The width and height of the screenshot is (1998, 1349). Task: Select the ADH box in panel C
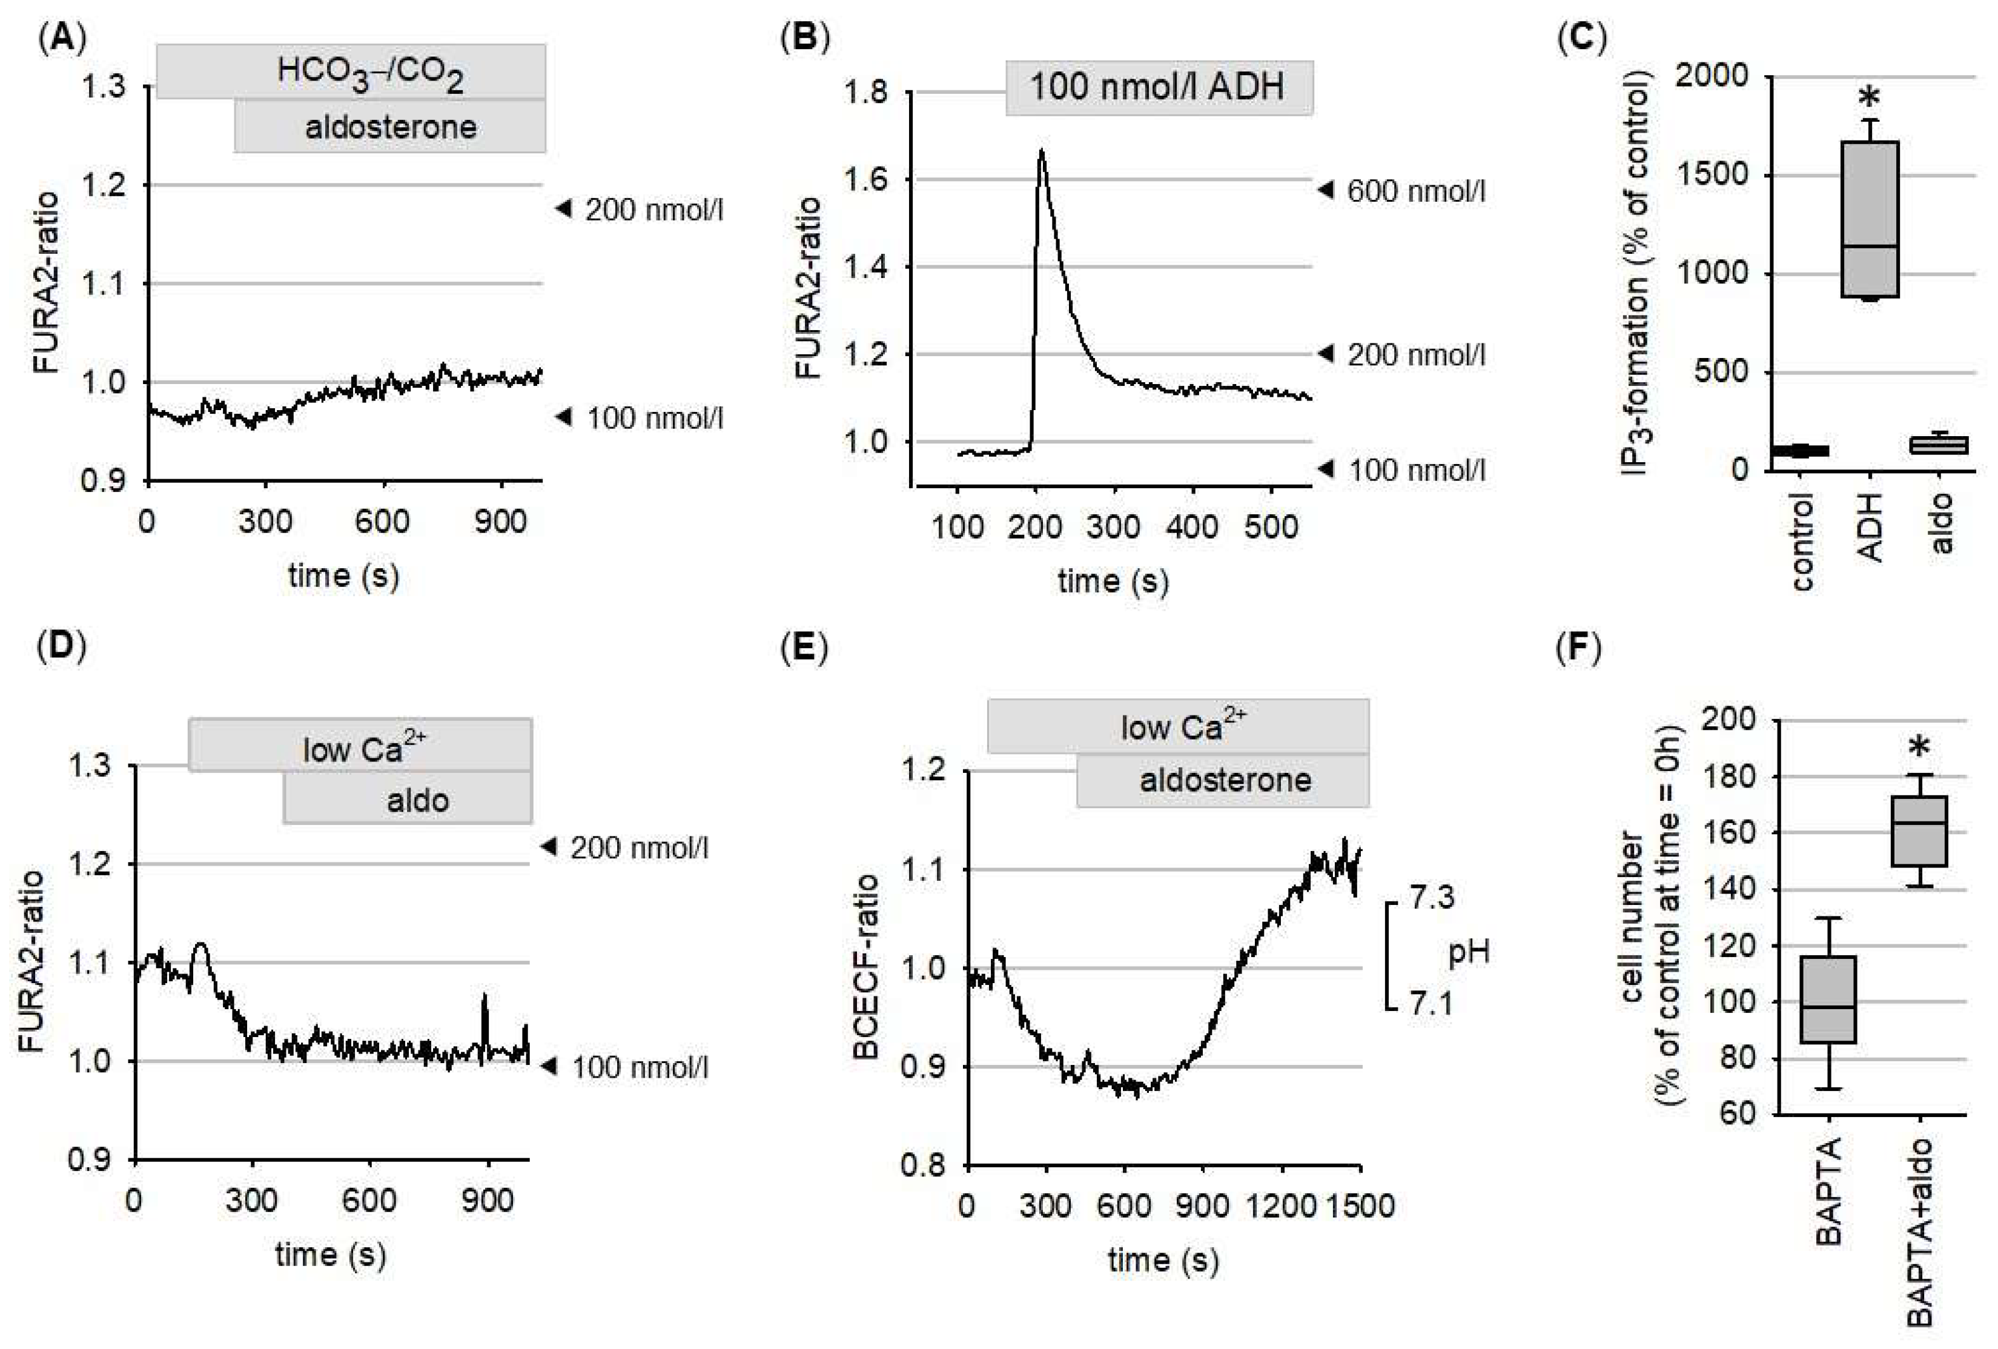[x=1870, y=219]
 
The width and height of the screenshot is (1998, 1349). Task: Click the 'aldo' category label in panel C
[x=1941, y=522]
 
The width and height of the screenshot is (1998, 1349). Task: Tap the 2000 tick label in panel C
[x=1712, y=76]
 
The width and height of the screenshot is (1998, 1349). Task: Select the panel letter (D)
[x=61, y=646]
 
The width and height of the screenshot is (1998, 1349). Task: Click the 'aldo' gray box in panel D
[x=408, y=799]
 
